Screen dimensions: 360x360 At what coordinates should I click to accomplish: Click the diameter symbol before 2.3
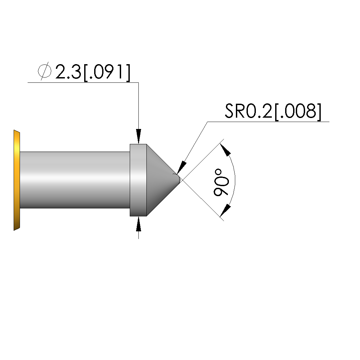point(45,71)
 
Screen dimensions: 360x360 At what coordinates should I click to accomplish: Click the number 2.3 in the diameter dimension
point(68,71)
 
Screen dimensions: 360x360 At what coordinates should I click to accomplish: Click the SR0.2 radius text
point(249,111)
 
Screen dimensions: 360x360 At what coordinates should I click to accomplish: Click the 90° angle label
point(221,182)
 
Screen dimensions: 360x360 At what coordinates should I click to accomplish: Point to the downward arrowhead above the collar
point(138,136)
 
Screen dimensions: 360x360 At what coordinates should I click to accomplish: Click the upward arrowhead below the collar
point(138,224)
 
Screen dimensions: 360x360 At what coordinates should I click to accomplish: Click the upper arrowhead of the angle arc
point(225,150)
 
